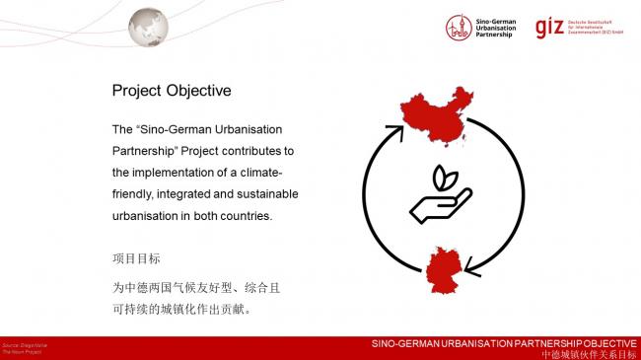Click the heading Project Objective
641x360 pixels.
[x=171, y=91]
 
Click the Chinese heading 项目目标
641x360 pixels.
[x=136, y=258]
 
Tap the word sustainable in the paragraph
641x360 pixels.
[x=263, y=193]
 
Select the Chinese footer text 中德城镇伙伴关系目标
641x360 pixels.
[x=588, y=353]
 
